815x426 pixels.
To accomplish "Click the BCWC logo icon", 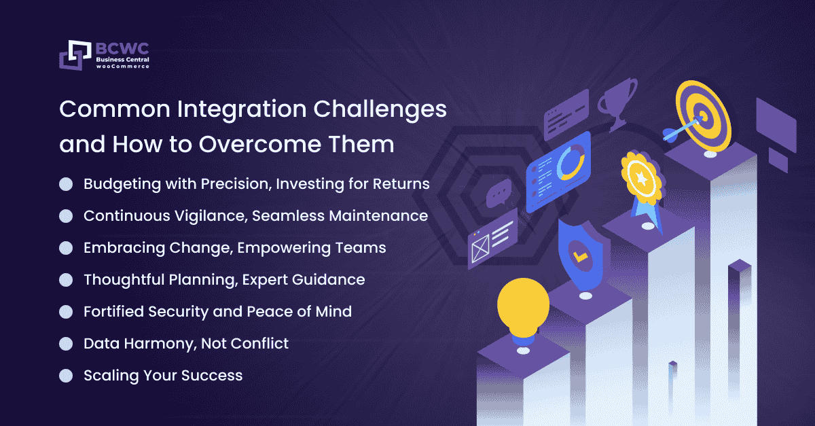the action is point(75,55).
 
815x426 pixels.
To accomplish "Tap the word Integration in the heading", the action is point(242,110).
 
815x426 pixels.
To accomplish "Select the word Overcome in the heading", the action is point(259,144).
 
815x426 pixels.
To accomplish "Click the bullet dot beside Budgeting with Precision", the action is point(66,184).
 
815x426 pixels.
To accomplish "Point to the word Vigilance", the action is point(211,216).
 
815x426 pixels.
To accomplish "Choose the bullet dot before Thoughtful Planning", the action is point(66,280).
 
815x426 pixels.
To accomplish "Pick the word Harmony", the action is point(160,344).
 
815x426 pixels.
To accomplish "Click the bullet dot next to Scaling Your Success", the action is point(66,376).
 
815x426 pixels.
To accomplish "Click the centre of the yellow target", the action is point(704,116).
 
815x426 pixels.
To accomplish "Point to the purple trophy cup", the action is point(617,104).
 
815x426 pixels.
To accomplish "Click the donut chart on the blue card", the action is point(570,162).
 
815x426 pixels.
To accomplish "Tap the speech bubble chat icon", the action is point(499,194).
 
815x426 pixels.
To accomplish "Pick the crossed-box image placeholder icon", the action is point(480,249).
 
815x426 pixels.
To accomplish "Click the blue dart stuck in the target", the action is point(681,130).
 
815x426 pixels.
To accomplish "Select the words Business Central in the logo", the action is point(123,59).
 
